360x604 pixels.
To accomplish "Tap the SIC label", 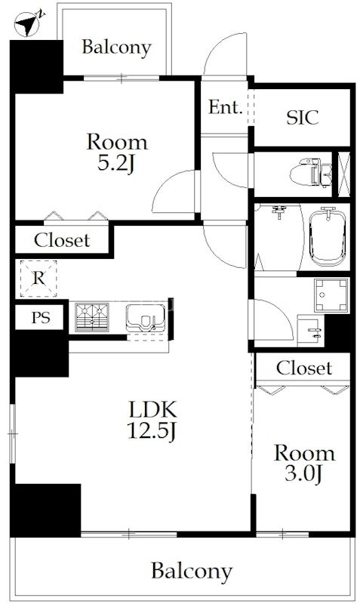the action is pos(303,118).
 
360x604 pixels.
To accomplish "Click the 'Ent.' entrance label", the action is pos(226,107).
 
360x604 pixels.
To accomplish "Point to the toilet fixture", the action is pos(311,172).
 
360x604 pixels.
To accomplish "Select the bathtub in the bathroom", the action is pos(328,237).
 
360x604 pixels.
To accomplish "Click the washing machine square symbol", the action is pos(331,295).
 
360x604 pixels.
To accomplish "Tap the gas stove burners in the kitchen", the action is pos(92,317).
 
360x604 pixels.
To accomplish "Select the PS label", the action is pos(41,318).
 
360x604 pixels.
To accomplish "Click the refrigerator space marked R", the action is pos(38,278).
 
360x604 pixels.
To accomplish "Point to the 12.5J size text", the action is pos(152,430).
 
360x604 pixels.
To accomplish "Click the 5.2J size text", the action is pos(116,163).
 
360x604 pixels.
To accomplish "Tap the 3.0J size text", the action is pos(304,474).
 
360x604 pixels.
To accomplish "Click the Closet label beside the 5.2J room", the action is pos(62,240).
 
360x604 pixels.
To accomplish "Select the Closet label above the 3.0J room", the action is pos(304,368).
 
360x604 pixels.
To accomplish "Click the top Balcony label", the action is pos(116,48).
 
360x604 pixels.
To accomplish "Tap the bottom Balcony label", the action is pos(192,572).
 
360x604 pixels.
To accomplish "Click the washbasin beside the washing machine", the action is pos(311,331).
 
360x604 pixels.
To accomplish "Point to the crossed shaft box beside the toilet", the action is pos(344,174).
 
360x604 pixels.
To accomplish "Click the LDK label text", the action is pos(153,409).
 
